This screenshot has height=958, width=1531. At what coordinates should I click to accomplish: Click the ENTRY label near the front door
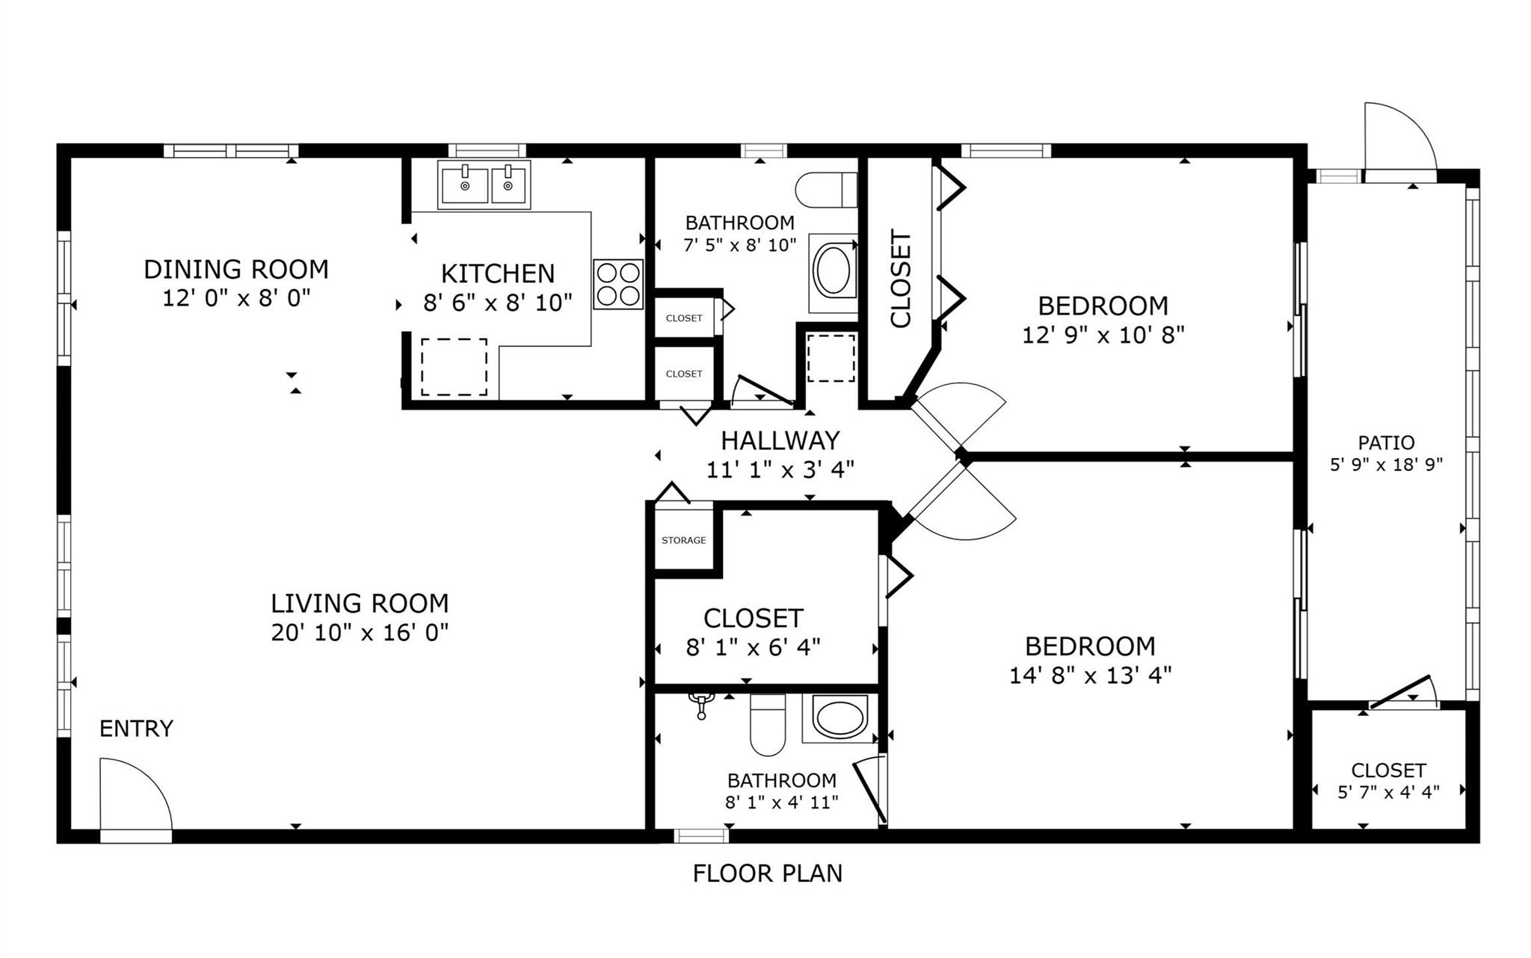coord(136,728)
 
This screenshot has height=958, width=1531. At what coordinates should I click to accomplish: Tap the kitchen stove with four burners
coord(618,284)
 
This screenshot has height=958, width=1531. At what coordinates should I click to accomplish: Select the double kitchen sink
coord(484,185)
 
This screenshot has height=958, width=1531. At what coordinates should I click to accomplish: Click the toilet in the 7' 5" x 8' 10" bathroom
coord(826,190)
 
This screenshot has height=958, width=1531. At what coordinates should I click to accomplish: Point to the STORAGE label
coord(683,540)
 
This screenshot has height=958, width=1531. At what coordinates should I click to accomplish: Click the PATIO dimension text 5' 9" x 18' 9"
coord(1386,465)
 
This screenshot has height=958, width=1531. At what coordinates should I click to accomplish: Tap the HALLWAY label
coord(780,440)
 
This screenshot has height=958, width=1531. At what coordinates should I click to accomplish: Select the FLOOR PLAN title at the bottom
coord(767,873)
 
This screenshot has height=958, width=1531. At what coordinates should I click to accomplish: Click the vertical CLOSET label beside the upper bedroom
coord(901,279)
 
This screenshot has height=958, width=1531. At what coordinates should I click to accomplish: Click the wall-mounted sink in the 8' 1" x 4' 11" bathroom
coord(701,703)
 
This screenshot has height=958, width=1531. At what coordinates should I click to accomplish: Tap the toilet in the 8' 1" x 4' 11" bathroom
coord(768,725)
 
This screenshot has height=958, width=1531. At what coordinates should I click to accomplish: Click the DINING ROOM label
coord(236,269)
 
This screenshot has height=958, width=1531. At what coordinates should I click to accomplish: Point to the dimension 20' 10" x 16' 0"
coord(360,633)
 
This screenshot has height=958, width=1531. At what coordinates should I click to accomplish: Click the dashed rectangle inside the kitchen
coord(454,367)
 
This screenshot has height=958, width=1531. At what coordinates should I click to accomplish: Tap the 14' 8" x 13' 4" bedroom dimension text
coord(1090,676)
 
